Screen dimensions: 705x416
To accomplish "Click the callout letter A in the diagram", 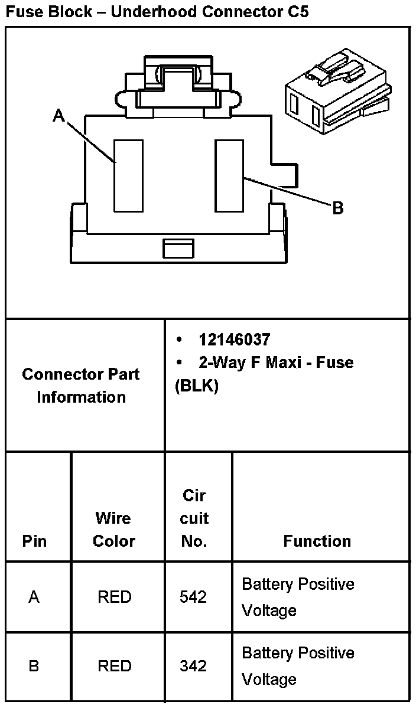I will click(58, 116).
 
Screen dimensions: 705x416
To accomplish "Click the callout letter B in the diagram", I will click(337, 208).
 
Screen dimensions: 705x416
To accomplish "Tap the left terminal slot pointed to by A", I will click(128, 175).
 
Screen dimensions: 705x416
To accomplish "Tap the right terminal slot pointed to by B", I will click(229, 175).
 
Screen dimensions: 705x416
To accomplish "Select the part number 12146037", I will click(235, 340).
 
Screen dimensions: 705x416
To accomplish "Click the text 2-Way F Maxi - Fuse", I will click(276, 362).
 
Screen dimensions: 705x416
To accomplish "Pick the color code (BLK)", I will click(197, 386).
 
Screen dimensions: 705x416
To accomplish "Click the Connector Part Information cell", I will click(82, 386).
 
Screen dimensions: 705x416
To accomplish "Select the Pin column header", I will click(34, 541).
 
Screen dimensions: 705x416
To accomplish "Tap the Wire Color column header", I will click(114, 530).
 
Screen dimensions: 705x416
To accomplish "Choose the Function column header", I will click(317, 541).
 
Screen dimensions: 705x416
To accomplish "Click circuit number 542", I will click(193, 597).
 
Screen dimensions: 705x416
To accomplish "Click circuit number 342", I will click(193, 666).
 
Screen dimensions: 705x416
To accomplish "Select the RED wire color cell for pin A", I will click(114, 597).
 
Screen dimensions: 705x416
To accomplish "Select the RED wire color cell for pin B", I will click(114, 666).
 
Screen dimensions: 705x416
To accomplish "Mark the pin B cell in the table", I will click(34, 666).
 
